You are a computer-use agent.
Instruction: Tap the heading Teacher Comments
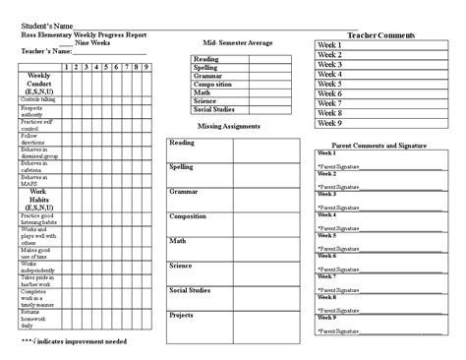click(x=381, y=34)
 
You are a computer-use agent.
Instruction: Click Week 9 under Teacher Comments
click(x=328, y=123)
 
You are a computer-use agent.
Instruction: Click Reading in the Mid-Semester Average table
click(x=206, y=59)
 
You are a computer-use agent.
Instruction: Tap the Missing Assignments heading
click(x=229, y=126)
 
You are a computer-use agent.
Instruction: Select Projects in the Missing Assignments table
click(x=182, y=315)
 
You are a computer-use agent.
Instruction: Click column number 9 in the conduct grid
click(x=146, y=67)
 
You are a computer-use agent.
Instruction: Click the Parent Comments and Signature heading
click(x=380, y=144)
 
